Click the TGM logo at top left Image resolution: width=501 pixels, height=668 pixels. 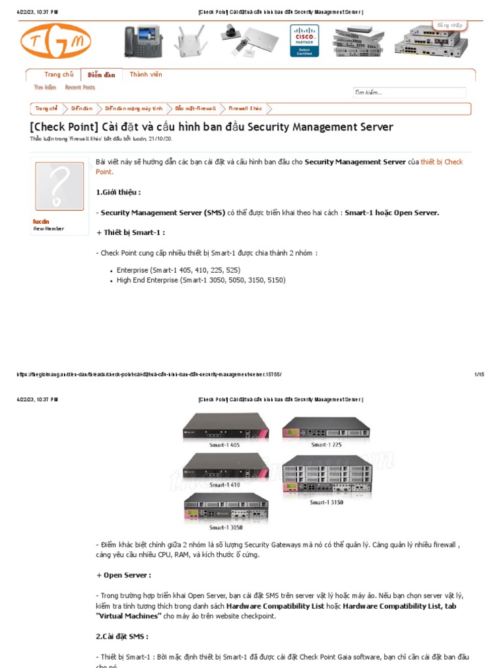coord(55,41)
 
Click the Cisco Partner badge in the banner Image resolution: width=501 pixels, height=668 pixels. coord(304,41)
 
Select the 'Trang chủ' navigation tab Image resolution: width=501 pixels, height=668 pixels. coord(59,75)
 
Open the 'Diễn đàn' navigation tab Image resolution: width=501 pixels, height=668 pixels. coord(101,75)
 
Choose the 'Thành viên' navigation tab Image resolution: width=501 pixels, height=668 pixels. coord(146,75)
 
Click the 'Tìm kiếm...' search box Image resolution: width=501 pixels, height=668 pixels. coord(409,93)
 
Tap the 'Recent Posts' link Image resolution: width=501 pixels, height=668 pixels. coord(80,87)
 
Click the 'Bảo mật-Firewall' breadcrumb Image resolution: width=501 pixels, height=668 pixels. coord(196,108)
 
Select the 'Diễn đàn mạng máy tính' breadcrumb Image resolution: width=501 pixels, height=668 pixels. coord(134,108)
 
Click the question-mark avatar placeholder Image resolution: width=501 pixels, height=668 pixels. coord(59,187)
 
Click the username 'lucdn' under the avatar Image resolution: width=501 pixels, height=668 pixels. coord(41,222)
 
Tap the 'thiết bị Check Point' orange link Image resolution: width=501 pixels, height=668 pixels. coord(442,162)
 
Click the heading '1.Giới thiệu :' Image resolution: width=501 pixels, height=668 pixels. coord(118,192)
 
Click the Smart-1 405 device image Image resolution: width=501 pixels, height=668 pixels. coord(225,427)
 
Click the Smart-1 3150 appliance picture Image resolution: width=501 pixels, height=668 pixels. coord(327,475)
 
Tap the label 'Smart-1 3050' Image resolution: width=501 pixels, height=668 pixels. coord(226,527)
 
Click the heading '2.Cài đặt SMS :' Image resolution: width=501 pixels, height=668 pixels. coord(122,636)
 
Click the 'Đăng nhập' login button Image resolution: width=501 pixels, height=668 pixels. coord(449,25)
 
